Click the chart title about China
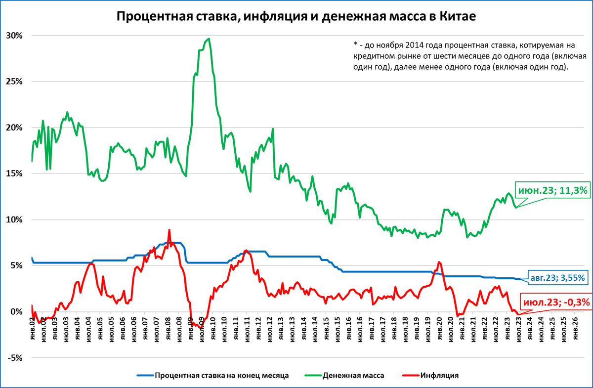[296, 16]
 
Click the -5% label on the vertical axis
[15, 358]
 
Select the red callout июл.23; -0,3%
[556, 301]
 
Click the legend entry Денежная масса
[353, 375]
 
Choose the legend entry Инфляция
[440, 375]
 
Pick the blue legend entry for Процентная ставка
[221, 375]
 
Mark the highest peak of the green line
[210, 39]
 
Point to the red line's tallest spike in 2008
[169, 230]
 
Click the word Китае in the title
[456, 16]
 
